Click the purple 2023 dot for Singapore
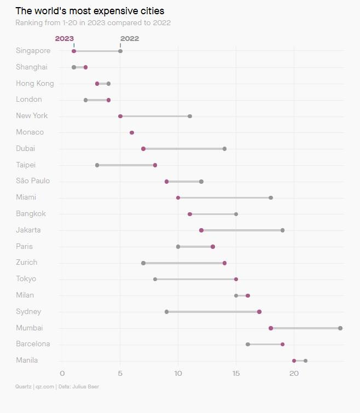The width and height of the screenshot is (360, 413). click(74, 51)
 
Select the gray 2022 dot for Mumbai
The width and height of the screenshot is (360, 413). click(340, 328)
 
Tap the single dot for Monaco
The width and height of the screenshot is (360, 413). click(132, 132)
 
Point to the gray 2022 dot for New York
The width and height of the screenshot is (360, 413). click(190, 116)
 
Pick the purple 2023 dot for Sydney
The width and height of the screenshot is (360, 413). click(259, 312)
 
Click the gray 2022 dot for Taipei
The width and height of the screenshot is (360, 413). click(97, 165)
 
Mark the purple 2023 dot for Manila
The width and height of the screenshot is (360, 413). click(294, 361)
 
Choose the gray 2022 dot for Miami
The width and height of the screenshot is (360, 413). click(271, 197)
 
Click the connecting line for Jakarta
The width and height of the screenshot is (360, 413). click(242, 230)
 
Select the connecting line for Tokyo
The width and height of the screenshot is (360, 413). click(195, 279)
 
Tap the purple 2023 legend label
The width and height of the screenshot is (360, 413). click(65, 39)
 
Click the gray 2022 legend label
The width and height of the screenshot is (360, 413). click(130, 39)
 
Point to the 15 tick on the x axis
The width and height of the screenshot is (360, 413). click(236, 373)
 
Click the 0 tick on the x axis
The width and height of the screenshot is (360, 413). click(62, 373)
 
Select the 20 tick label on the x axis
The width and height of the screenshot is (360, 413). click(294, 373)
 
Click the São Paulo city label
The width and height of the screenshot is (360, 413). click(33, 181)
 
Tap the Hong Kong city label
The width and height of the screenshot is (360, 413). click(35, 84)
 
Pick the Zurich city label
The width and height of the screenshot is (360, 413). click(27, 263)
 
